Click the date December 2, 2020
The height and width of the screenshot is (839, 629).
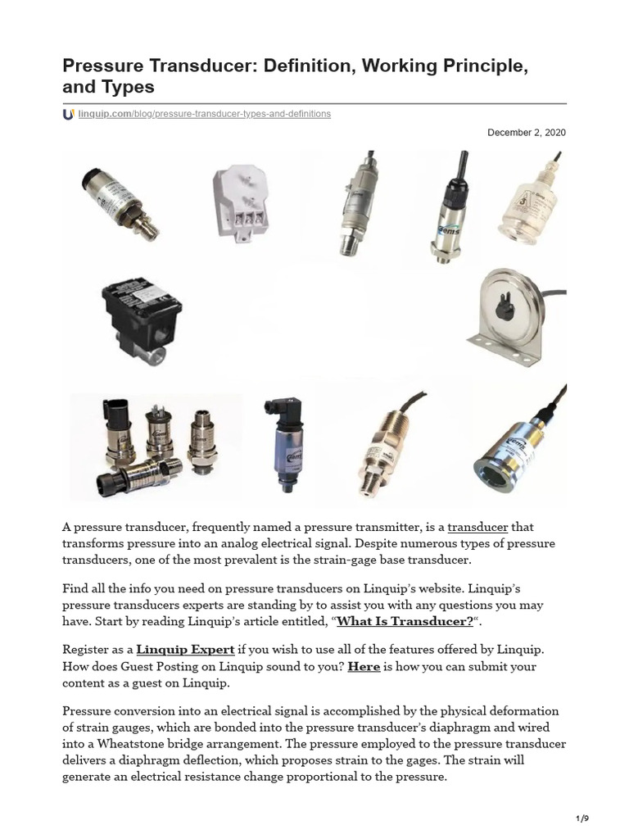526,133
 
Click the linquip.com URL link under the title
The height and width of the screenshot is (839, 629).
204,114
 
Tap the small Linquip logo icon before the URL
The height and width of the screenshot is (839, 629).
68,114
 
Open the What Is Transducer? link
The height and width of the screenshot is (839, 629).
405,621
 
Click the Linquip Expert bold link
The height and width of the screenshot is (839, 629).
185,650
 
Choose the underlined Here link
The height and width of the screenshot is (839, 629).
364,666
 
